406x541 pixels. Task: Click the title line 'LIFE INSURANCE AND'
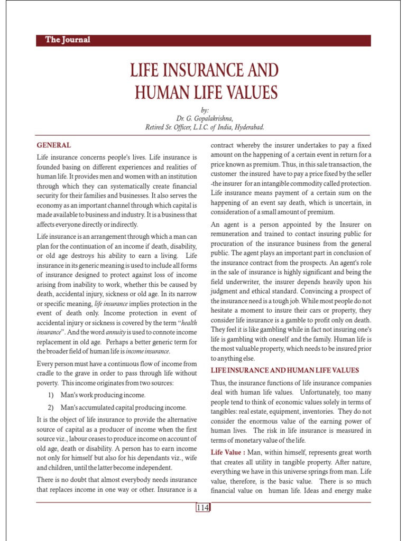pos(204,71)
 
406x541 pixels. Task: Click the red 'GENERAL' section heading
pos(53,145)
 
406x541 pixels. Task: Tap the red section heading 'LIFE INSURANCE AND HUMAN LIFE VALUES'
pos(285,370)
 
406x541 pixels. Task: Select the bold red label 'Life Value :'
pos(228,453)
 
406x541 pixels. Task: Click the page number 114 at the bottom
pos(203,508)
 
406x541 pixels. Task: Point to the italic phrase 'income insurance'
pos(153,351)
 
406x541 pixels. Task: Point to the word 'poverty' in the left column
pos(48,383)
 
